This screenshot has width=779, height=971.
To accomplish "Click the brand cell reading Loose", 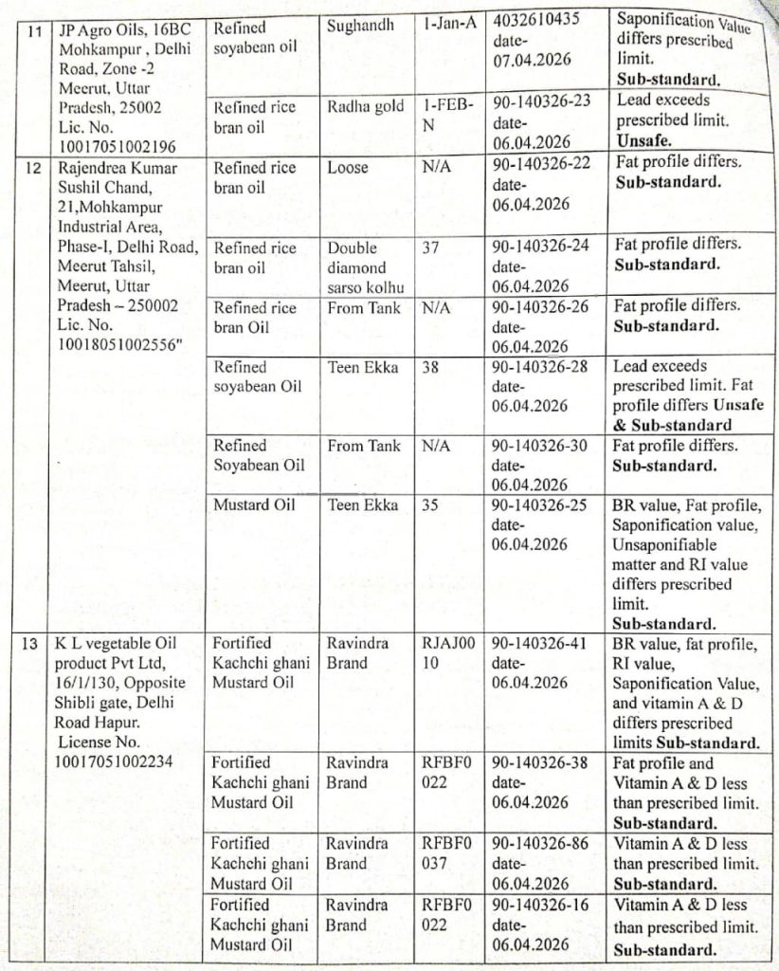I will tap(347, 167).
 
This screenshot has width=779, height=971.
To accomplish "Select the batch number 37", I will tap(431, 247).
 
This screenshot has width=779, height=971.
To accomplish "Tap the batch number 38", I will tap(430, 367).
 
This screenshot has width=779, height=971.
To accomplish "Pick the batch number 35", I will tap(430, 504).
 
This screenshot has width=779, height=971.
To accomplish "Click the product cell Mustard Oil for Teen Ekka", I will tap(254, 504).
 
